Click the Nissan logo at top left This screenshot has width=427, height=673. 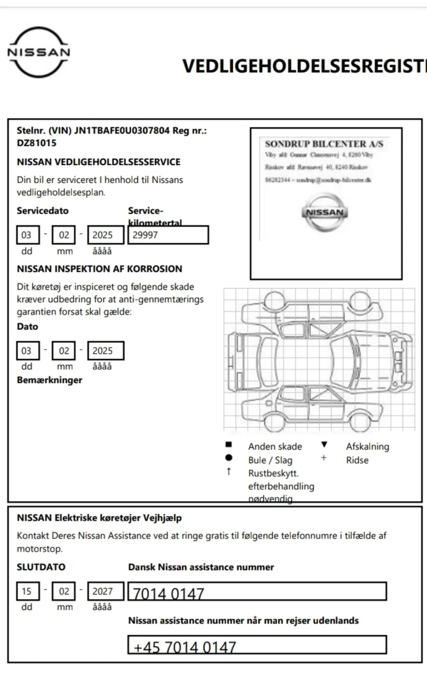(38, 52)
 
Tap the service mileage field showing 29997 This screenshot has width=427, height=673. (168, 235)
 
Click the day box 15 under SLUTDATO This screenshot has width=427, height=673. (27, 592)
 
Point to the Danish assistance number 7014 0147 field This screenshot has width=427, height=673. (257, 592)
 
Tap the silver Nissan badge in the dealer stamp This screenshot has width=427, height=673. (325, 212)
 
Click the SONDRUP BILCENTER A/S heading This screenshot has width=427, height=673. (324, 144)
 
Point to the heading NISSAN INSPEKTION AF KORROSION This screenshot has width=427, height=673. (99, 269)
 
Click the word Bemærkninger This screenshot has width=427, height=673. (50, 380)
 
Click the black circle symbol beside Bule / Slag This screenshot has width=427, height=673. (228, 459)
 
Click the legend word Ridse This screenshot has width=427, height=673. (357, 460)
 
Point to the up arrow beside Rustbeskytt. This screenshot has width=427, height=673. (228, 472)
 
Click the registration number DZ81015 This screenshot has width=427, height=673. (36, 143)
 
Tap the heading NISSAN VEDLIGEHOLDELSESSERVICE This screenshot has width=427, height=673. (99, 161)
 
